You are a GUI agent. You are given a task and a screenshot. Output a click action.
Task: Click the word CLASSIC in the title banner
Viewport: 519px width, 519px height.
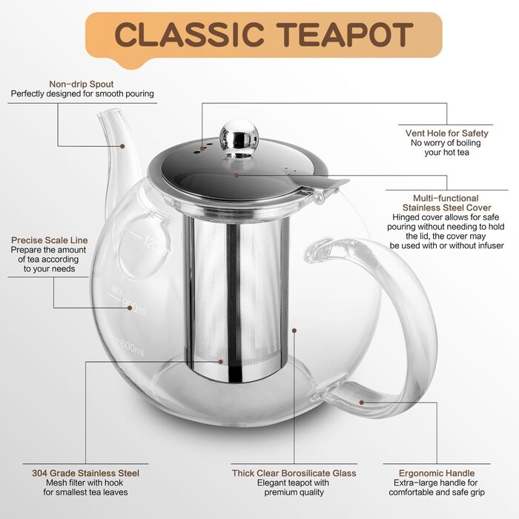(x=189, y=34)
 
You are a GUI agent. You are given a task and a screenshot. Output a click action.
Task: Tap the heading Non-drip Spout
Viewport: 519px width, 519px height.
(x=82, y=84)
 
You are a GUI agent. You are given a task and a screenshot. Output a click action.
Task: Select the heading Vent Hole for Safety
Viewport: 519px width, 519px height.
(x=447, y=133)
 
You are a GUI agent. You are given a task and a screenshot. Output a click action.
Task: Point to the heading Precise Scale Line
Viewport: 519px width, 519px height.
(x=50, y=240)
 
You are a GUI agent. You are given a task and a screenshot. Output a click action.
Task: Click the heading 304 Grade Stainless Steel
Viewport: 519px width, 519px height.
(x=86, y=473)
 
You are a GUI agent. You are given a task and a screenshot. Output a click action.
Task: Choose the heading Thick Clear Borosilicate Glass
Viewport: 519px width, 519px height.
(x=294, y=473)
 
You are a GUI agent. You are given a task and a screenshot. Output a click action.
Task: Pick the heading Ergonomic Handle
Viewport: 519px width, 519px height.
(x=437, y=473)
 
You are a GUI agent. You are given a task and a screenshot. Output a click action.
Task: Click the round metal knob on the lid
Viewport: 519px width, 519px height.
(x=238, y=134)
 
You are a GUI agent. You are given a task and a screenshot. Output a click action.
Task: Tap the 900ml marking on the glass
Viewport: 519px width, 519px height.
(x=134, y=306)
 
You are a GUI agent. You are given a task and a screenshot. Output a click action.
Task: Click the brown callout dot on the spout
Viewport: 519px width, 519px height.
(x=122, y=146)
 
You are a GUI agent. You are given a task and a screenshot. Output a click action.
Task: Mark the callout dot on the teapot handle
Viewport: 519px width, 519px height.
(x=362, y=403)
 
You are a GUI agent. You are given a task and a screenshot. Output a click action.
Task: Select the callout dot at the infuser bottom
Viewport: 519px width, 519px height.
(x=220, y=362)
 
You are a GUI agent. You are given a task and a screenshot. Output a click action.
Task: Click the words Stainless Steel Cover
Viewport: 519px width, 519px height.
(x=446, y=208)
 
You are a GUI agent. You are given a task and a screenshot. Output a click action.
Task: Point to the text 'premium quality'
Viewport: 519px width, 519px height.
(x=294, y=492)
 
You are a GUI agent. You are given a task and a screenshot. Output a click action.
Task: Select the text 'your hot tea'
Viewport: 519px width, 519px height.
(x=447, y=152)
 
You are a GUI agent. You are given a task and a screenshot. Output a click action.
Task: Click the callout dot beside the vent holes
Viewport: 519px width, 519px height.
(x=202, y=149)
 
